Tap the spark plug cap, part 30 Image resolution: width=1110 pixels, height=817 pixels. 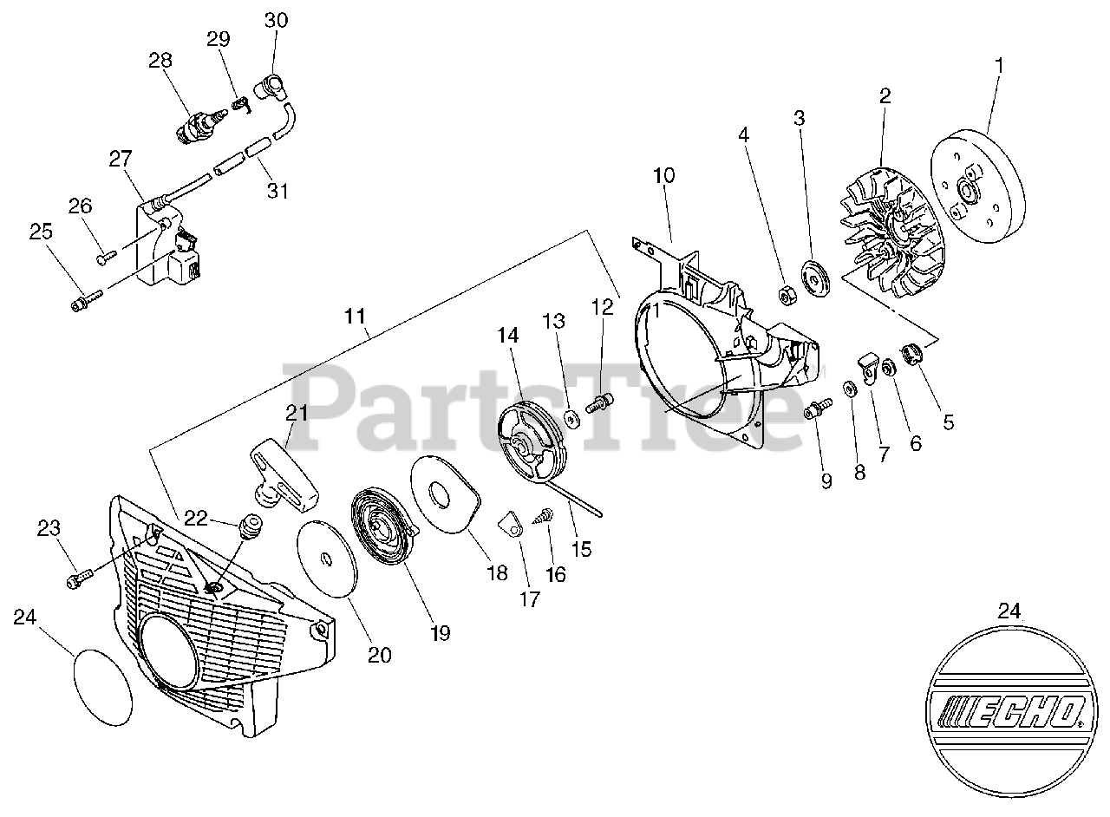271,88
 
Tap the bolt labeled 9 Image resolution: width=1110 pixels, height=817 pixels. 818,408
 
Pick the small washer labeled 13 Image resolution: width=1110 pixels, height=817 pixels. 571,419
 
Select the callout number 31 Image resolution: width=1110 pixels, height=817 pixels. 277,190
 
